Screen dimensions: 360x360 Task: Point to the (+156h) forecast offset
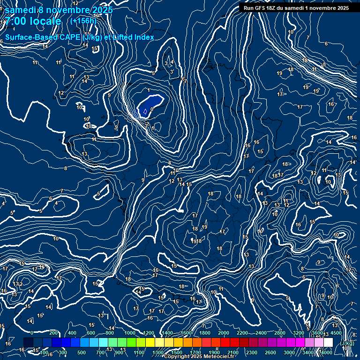pyautogui.click(x=83, y=21)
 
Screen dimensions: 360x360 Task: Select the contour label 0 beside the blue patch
pyautogui.click(x=152, y=109)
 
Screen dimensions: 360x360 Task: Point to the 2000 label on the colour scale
pyautogui.click(x=224, y=333)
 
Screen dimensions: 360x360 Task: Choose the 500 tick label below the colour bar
pyautogui.click(x=81, y=352)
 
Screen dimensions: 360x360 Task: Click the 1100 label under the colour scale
pyautogui.click(x=139, y=352)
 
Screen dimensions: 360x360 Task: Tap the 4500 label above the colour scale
pyautogui.click(x=336, y=333)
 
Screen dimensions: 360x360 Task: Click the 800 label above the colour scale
pyautogui.click(x=110, y=333)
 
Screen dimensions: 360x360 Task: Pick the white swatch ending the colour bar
pyautogui.click(x=328, y=343)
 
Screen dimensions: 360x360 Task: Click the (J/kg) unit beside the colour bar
pyautogui.click(x=346, y=343)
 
